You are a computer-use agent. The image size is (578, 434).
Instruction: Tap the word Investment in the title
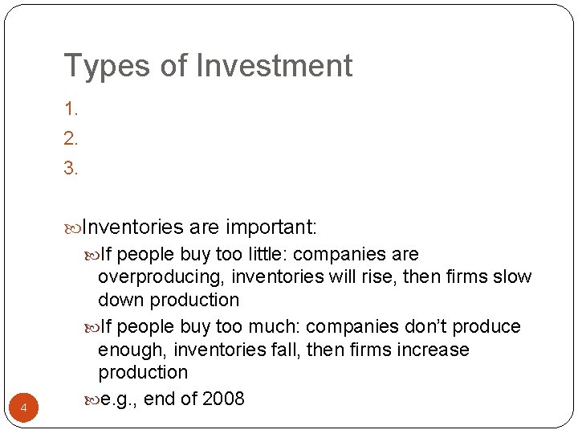[275, 66]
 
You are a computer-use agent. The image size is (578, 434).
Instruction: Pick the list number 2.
[71, 138]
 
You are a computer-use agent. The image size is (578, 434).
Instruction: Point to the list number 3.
[71, 168]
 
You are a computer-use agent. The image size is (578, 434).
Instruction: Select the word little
[265, 255]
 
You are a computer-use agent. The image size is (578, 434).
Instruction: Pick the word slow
[514, 277]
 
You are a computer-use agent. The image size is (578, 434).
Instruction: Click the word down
[120, 300]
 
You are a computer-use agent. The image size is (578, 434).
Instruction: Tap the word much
[275, 327]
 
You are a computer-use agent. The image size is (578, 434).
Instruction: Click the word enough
[131, 350]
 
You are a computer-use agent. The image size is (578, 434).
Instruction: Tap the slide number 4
[24, 409]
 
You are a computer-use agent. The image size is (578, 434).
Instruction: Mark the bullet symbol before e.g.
[92, 399]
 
